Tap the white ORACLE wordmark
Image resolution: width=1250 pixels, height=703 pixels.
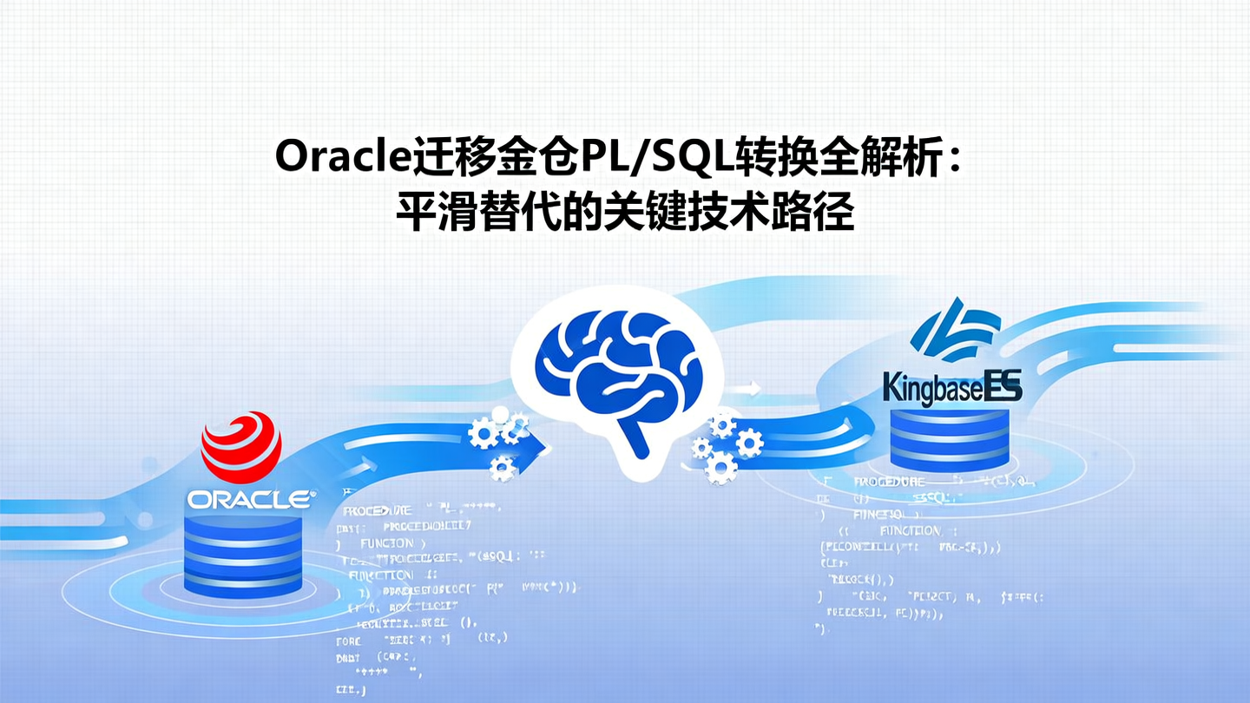[250, 499]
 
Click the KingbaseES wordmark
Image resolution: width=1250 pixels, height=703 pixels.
[951, 388]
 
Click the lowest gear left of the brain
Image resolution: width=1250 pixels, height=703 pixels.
[502, 470]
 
